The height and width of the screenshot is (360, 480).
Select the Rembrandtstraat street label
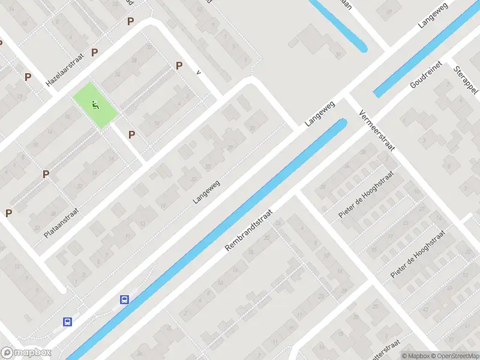coord(249,230)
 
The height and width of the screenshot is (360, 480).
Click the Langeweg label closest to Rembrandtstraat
coord(207,191)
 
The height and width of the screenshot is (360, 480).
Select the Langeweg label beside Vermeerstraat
coord(319,113)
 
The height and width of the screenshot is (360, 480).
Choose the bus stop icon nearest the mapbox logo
coord(67,322)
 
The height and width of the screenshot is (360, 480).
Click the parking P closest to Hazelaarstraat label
coord(94,53)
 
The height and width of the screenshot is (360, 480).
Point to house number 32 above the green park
coord(134,62)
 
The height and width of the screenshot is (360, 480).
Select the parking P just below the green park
coord(131,134)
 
